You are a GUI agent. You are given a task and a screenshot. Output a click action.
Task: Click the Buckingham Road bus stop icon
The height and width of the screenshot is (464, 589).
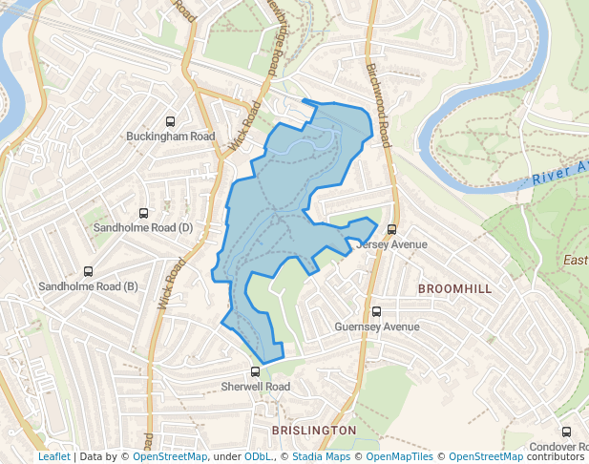point(170,121)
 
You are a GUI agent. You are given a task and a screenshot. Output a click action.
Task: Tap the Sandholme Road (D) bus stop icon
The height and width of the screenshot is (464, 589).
point(143,213)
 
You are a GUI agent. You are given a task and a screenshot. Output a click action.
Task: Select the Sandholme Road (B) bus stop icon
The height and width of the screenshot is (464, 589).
point(89,272)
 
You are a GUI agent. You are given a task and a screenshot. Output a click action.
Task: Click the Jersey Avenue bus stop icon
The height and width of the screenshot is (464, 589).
point(391,229)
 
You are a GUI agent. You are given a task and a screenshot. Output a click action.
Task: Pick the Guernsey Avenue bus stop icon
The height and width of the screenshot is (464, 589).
point(376,311)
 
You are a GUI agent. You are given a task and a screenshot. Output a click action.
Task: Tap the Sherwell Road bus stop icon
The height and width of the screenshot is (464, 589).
point(255,371)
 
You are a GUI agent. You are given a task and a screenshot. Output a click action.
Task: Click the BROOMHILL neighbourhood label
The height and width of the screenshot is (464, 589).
point(454,288)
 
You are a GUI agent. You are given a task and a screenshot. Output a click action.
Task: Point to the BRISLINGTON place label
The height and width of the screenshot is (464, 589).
point(314,432)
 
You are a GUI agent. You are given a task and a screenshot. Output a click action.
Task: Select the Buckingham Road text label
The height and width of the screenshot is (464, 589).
point(171,137)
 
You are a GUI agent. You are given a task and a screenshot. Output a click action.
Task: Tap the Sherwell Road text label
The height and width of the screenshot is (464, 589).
point(255,387)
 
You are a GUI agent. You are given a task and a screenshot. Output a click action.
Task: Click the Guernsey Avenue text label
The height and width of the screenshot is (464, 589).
point(377,327)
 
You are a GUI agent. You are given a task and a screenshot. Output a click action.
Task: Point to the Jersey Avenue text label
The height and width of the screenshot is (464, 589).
point(391,244)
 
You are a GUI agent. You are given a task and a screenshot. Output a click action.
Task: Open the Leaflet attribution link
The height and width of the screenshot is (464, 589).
point(53,456)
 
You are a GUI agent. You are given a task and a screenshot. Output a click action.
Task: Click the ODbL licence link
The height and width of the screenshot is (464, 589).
point(258,456)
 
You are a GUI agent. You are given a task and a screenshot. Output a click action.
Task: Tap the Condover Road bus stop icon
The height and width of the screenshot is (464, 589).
point(567,432)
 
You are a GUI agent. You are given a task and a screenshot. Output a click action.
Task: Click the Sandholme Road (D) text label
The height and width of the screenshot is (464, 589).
point(143,228)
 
